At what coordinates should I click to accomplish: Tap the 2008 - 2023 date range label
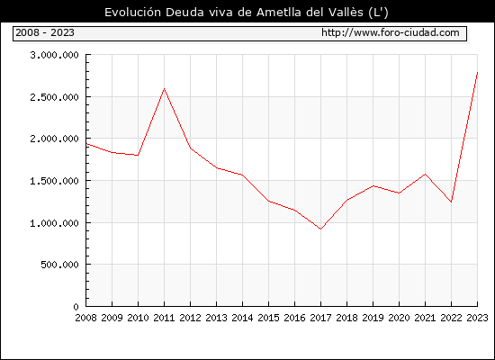(x=45, y=32)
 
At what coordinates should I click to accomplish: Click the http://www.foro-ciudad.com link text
(x=391, y=32)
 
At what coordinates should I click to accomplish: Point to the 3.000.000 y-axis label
(x=54, y=55)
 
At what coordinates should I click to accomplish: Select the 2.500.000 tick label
(x=54, y=97)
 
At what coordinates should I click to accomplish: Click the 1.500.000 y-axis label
(x=54, y=181)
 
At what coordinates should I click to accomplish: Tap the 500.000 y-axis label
(x=59, y=265)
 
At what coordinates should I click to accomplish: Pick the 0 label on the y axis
(x=76, y=307)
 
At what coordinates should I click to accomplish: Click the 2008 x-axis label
(x=85, y=318)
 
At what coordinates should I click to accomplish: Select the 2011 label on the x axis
(x=164, y=318)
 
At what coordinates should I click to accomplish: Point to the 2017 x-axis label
(x=320, y=318)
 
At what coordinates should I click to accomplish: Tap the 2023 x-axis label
(x=477, y=318)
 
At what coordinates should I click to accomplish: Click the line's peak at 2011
(x=164, y=89)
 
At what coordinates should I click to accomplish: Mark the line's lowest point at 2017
(x=320, y=229)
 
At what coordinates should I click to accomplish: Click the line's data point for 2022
(x=452, y=202)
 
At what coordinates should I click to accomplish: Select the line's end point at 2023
(x=477, y=73)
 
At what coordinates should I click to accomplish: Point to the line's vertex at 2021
(x=425, y=174)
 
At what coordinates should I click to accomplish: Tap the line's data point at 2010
(x=138, y=156)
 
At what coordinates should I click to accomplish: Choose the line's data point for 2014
(x=242, y=175)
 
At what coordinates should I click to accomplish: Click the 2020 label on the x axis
(x=399, y=318)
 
